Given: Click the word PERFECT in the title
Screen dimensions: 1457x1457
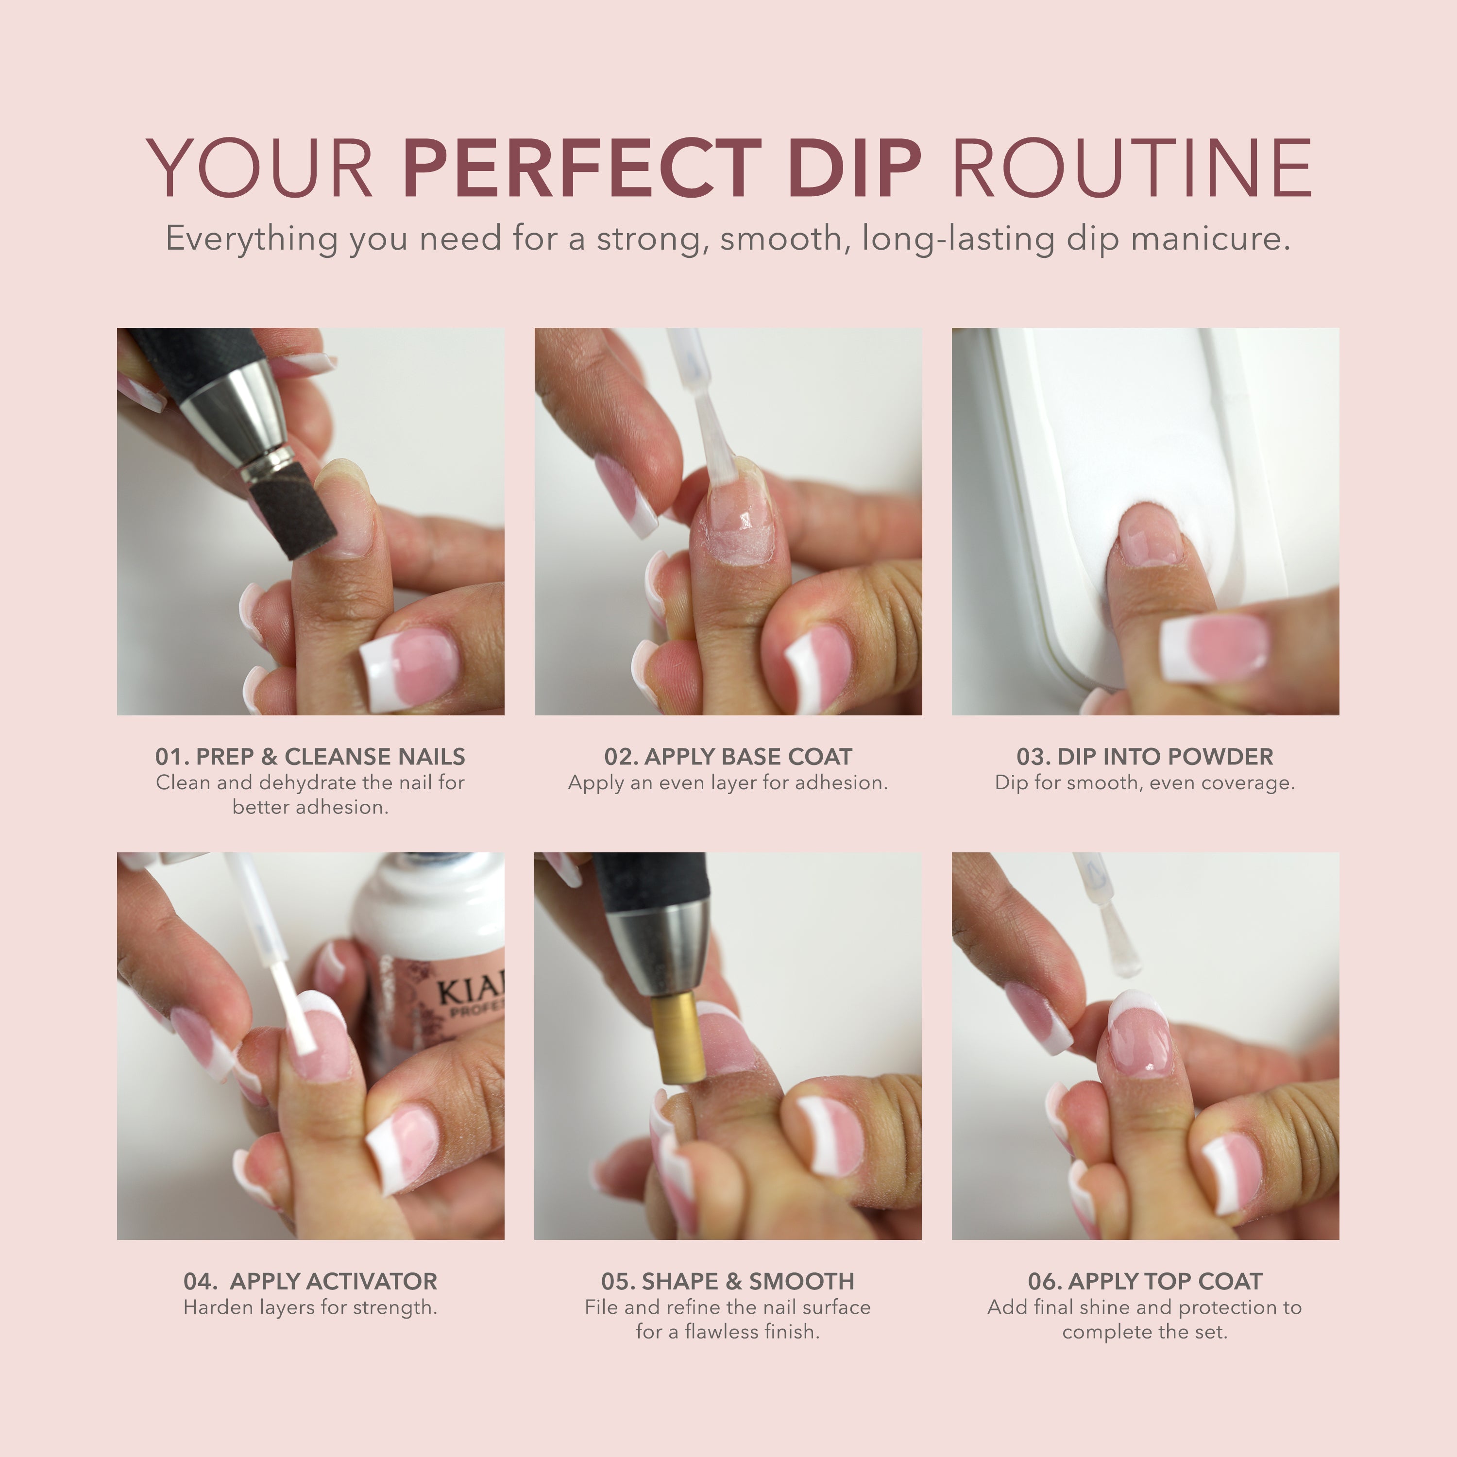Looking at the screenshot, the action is click(582, 168).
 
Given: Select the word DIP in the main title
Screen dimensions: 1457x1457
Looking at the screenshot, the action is click(855, 168).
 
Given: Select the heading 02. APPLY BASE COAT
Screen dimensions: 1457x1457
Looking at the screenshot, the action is click(728, 756).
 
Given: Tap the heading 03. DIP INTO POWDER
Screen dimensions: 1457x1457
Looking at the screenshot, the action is click(1145, 756).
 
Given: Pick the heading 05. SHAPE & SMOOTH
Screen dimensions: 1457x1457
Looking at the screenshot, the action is click(728, 1281).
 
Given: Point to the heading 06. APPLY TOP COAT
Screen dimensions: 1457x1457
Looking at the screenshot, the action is click(1145, 1281).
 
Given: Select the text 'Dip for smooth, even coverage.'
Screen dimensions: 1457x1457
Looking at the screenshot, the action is click(1145, 783).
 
